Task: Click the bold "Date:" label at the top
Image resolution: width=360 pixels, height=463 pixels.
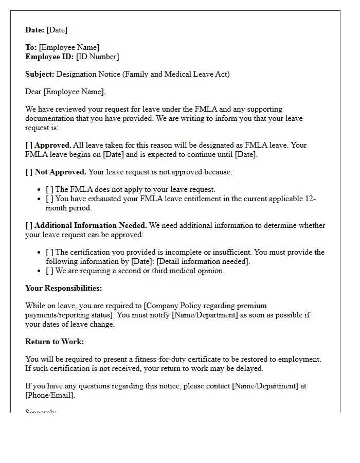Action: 34,30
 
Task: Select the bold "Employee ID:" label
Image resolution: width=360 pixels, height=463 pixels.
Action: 49,57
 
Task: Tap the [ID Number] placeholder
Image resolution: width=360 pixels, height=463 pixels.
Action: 97,57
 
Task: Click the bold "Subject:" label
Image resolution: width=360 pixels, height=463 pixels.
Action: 40,74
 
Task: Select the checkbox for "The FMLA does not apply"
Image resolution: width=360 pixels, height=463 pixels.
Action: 49,189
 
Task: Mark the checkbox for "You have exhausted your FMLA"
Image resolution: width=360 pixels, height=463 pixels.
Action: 49,199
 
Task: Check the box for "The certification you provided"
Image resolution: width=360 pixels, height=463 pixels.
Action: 49,252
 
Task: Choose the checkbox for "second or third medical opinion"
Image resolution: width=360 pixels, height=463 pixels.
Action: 49,271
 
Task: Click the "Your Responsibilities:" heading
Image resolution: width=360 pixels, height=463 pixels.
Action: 63,288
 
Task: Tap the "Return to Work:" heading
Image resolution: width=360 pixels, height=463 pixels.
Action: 54,342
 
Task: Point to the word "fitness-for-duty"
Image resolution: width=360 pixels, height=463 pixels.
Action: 155,359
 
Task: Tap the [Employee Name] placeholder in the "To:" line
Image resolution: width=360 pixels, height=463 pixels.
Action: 69,47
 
